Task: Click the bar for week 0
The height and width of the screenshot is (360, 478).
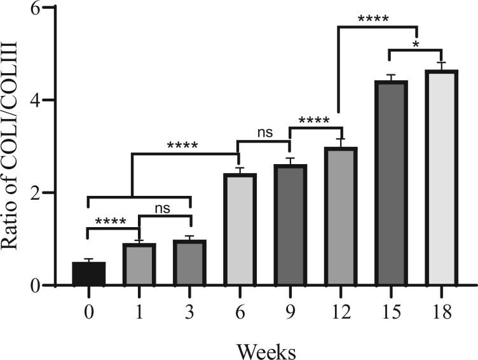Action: pos(88,273)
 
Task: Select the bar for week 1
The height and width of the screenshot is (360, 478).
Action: pos(139,265)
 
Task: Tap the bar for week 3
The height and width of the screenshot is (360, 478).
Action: pos(189,263)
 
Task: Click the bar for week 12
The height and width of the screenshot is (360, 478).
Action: pos(341,216)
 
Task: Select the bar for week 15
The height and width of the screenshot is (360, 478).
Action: pos(392,183)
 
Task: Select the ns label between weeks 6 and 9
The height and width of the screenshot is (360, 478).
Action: pos(264,133)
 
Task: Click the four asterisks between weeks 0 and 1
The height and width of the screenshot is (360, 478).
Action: pos(113,222)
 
